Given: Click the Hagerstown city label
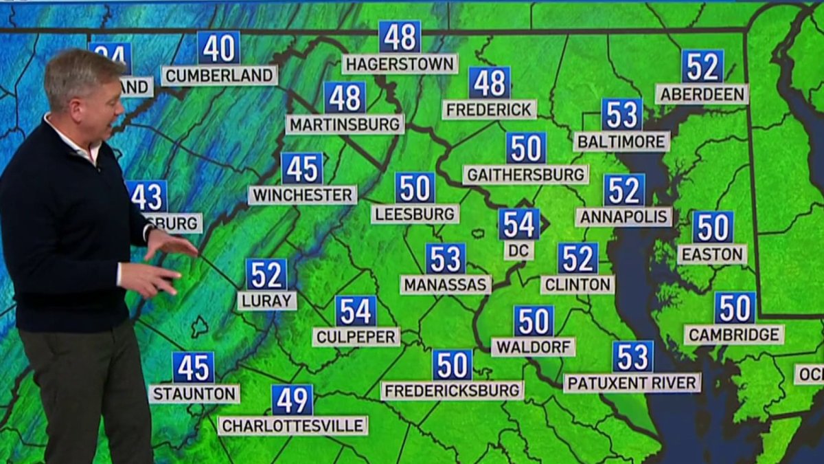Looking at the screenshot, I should [x=400, y=65].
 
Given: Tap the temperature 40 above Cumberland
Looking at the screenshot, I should [x=219, y=47].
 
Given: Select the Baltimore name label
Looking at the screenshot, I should [x=621, y=142].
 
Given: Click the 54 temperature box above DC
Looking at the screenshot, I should [x=518, y=224].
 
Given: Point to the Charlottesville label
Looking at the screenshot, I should [x=293, y=426].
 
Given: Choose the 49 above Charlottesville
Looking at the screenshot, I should [x=292, y=399].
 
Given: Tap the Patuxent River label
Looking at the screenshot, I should [x=632, y=383].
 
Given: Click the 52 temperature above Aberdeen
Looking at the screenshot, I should [x=702, y=66].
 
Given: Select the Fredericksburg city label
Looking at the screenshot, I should [x=453, y=391].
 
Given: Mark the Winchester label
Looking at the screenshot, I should [x=302, y=195].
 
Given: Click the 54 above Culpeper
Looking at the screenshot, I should [x=356, y=311].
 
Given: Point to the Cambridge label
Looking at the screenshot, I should [x=734, y=335].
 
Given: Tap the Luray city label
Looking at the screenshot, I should [x=266, y=300].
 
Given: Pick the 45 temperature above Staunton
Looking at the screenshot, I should [x=193, y=367].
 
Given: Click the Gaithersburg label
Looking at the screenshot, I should [x=525, y=175].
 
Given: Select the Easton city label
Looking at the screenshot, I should [x=712, y=254].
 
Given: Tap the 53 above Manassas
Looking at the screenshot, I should [x=445, y=258].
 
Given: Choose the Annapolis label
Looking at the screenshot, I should [x=623, y=217].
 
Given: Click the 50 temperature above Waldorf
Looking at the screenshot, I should [x=534, y=321].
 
